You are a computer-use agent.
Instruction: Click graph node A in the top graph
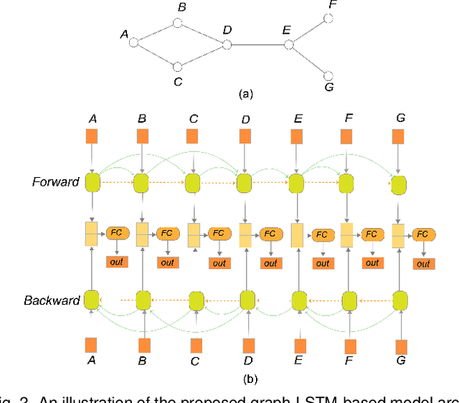click(133, 42)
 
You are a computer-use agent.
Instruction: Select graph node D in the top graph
click(227, 44)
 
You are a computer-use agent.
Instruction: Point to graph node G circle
click(328, 75)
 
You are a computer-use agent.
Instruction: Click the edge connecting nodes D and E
click(258, 44)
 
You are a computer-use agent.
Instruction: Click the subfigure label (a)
click(245, 93)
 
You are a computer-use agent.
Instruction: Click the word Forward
click(55, 181)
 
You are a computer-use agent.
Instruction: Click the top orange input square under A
click(92, 136)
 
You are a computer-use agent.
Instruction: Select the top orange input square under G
click(399, 136)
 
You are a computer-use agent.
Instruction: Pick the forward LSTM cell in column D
click(245, 183)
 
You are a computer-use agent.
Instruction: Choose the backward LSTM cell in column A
click(92, 299)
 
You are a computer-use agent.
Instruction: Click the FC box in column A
click(116, 233)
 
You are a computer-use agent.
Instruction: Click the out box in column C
click(219, 262)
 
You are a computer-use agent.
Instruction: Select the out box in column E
click(322, 263)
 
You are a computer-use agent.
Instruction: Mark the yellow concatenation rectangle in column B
click(143, 234)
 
